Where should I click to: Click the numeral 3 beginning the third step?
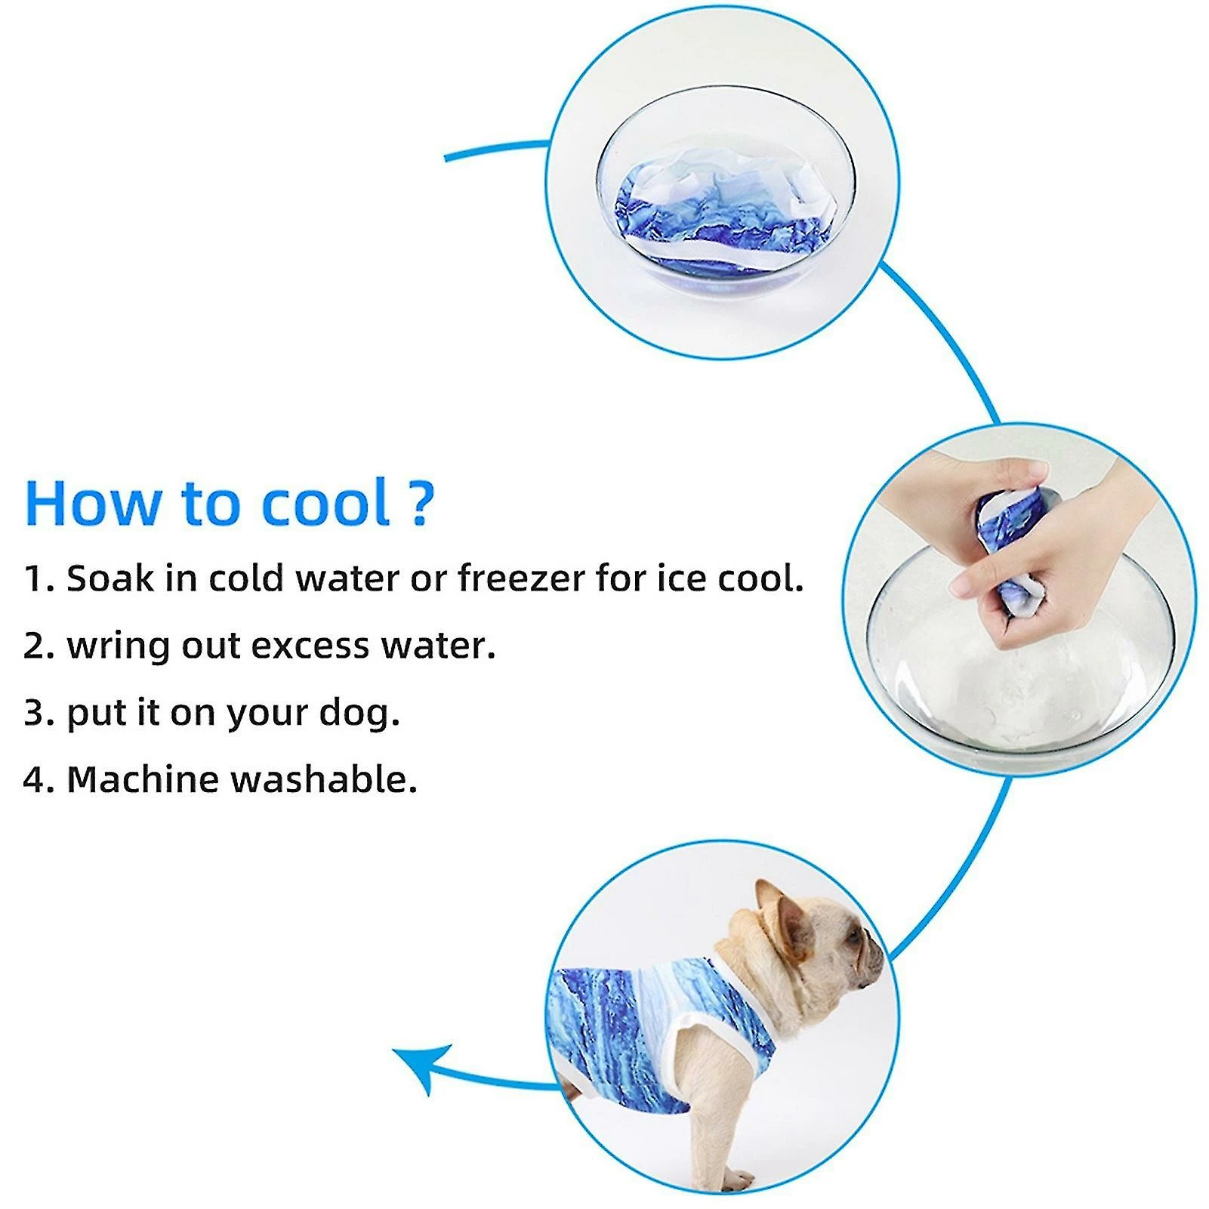[x=35, y=714]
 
